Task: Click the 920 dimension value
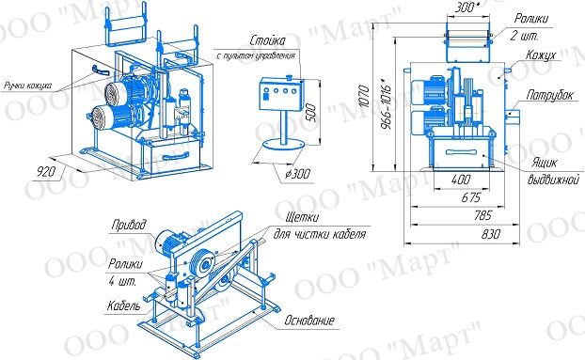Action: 46,171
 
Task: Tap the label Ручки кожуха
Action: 27,86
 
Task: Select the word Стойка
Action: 268,40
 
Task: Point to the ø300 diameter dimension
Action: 297,174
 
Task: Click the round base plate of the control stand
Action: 284,144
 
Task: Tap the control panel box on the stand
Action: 282,94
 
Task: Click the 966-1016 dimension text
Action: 386,106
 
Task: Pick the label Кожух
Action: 541,55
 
